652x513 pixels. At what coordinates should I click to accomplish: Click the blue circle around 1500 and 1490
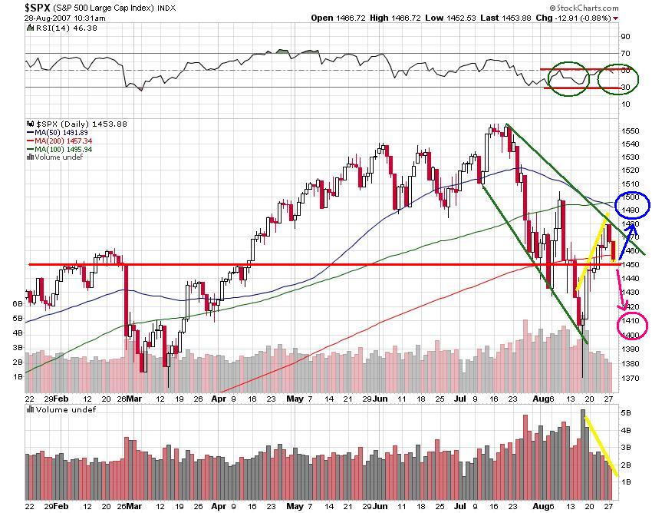pos(633,203)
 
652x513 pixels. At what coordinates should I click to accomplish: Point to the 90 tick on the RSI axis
pos(625,36)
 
